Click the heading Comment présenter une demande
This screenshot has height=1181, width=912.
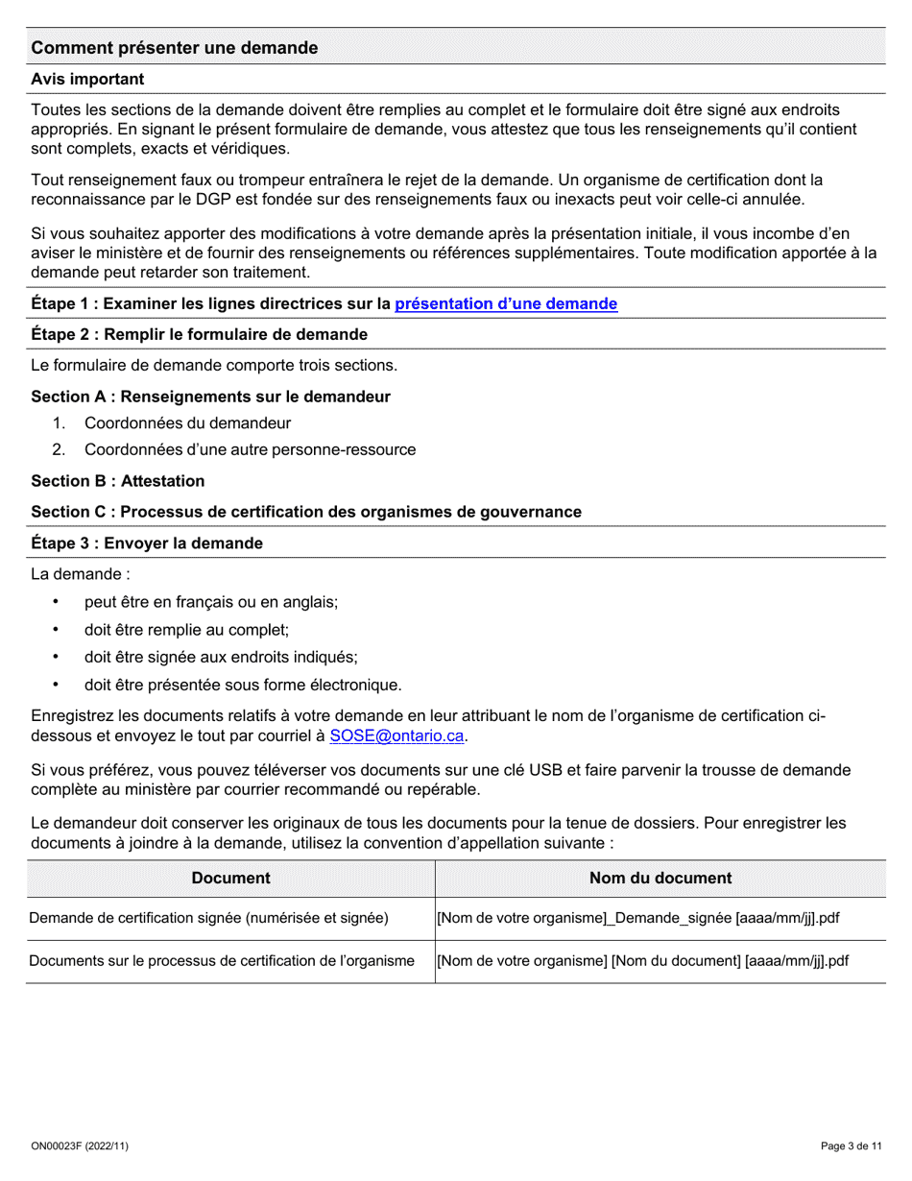tap(174, 48)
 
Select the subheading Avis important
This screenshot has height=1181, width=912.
tap(87, 80)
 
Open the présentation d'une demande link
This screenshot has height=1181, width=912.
tap(506, 304)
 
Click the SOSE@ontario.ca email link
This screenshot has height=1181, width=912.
tap(396, 736)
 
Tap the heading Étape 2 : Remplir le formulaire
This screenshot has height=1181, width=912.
tap(199, 334)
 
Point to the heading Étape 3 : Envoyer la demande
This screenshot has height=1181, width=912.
tap(147, 543)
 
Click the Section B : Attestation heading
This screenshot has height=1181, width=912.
tap(117, 481)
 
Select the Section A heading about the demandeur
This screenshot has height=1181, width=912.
tap(210, 398)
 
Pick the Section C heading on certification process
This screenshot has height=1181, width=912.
tap(305, 513)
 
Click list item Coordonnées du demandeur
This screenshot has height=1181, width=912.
tap(187, 423)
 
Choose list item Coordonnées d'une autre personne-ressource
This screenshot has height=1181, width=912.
tap(250, 449)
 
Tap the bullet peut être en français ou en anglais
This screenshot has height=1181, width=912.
tap(210, 602)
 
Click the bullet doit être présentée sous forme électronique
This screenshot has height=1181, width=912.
tap(243, 686)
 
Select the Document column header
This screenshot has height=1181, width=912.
tap(230, 879)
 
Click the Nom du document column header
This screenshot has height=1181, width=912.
tap(660, 879)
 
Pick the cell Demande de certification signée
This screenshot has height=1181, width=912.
tap(209, 919)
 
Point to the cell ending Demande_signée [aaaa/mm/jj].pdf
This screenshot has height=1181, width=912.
tap(638, 919)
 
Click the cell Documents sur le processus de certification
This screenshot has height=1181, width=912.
tap(222, 961)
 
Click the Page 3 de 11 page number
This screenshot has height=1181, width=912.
tap(851, 1146)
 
